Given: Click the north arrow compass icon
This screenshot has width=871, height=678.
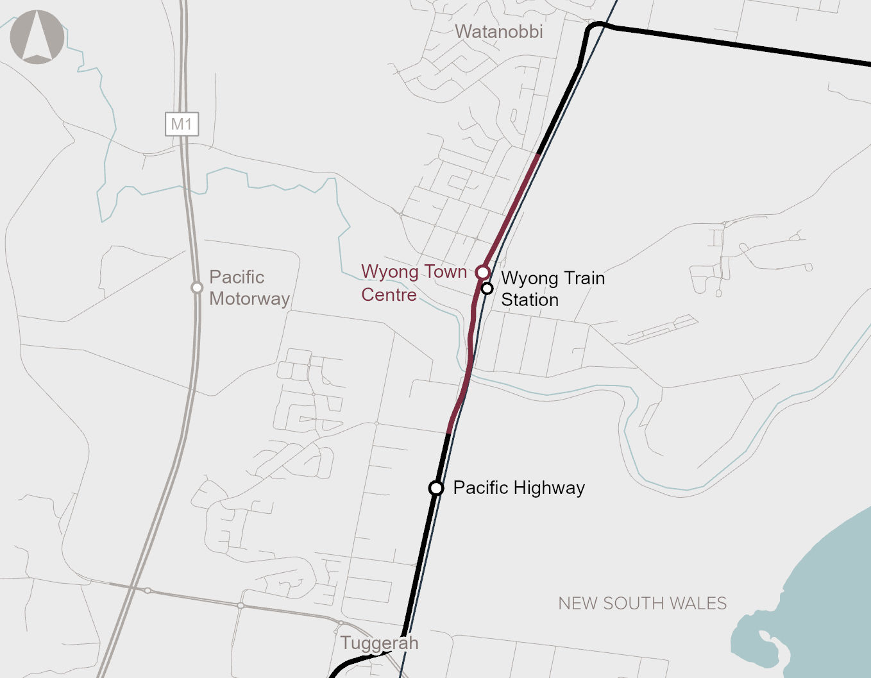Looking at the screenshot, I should click(37, 37).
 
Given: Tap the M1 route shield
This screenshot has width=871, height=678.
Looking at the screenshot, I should click(182, 124).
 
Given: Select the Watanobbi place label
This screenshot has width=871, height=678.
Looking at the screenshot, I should click(498, 31).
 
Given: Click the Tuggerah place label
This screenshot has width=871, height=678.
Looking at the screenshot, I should click(379, 643).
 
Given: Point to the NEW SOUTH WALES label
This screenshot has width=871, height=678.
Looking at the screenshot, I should click(642, 604).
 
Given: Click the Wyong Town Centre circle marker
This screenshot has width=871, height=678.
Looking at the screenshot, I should click(483, 272).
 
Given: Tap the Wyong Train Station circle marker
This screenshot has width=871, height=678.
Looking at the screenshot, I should click(487, 288).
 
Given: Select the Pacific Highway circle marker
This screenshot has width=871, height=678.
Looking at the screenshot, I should click(436, 488).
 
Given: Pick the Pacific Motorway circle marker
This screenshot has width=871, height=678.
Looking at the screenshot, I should click(197, 287).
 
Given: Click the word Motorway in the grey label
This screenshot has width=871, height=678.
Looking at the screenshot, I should click(249, 299).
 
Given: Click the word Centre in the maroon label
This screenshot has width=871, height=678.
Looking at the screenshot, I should click(389, 294).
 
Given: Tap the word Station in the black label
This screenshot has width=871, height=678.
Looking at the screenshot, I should click(530, 300).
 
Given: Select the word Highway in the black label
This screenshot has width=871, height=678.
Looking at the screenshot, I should click(549, 488).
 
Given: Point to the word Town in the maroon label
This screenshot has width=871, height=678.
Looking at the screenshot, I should click(445, 271).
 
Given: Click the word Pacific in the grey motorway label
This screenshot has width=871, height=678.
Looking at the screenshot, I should click(237, 277).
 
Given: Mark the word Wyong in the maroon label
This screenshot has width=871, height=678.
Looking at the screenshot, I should click(389, 272).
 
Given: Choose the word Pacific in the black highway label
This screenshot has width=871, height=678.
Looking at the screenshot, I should click(480, 487).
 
